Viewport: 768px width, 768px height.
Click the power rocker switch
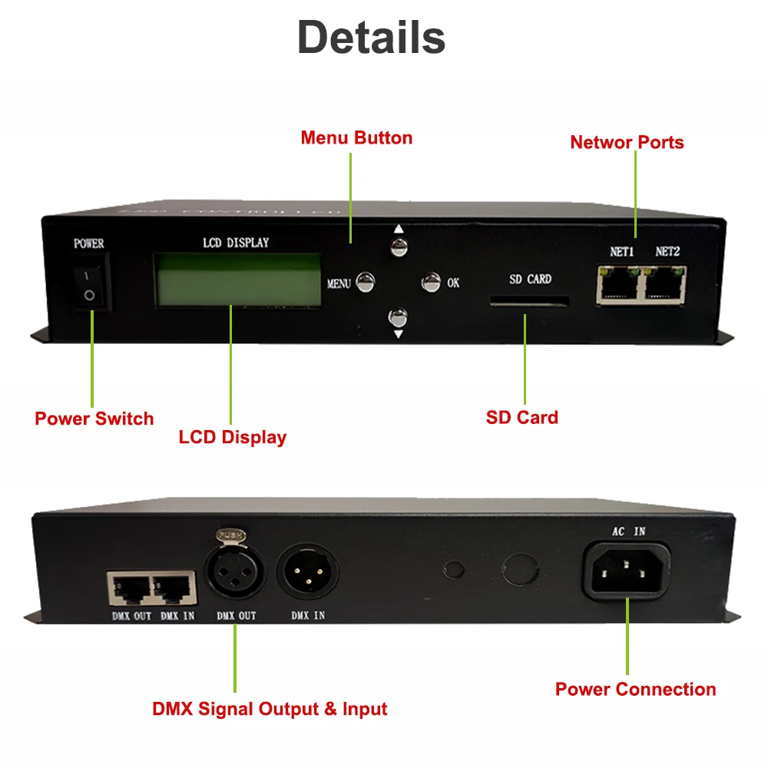point(90,285)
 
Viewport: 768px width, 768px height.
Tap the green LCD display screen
point(238,280)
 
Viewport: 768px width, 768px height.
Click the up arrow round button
point(398,247)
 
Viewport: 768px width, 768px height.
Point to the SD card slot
point(530,303)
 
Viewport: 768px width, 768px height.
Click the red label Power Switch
point(94,419)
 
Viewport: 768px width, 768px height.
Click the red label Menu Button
point(356,138)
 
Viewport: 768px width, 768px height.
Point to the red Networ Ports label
point(627,142)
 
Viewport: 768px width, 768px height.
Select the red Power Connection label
point(635,690)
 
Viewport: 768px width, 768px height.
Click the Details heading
point(371,37)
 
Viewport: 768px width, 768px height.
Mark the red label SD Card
point(522,418)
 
